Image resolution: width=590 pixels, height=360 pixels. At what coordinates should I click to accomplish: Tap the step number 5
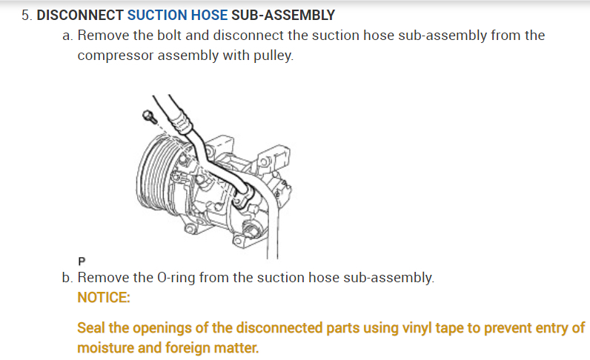coord(26,15)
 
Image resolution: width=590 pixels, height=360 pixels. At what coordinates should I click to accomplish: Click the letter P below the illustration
coord(82,261)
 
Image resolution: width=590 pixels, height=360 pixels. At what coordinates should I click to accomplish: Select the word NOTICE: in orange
coord(103,298)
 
